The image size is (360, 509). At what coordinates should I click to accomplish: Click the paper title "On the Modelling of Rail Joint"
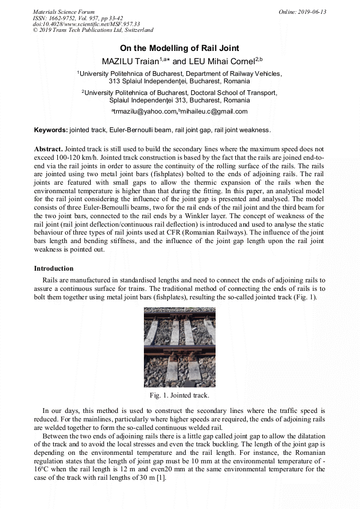179,48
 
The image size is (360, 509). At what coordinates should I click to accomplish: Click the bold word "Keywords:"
51,130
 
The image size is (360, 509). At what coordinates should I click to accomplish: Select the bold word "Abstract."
48,150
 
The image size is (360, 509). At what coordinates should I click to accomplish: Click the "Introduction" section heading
54,269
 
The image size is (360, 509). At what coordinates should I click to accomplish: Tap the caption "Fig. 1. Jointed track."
179,395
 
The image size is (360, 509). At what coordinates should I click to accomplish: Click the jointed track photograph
179,347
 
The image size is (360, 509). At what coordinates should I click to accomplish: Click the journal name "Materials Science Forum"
64,12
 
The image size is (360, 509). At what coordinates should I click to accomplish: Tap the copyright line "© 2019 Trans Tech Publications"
93,30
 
